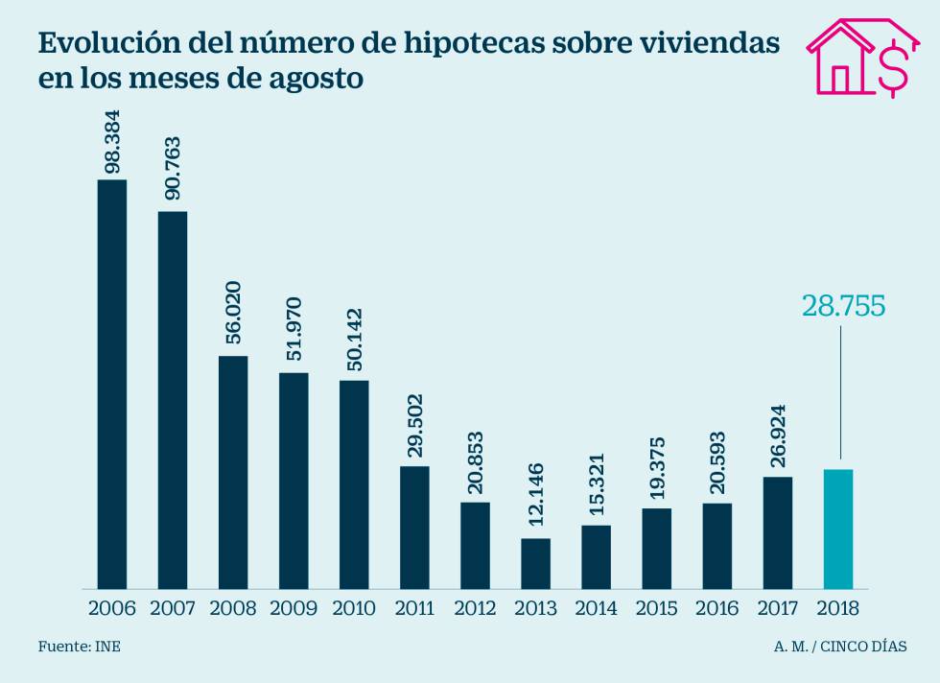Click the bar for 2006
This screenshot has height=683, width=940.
112,384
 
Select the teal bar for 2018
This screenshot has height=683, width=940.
837,529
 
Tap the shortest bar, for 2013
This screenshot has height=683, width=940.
536,563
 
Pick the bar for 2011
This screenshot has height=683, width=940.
414,527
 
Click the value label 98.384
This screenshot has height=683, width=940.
113,142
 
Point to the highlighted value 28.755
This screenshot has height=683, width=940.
841,305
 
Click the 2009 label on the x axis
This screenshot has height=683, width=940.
294,608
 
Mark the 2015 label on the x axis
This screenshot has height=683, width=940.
656,608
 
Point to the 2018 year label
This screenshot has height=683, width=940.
837,608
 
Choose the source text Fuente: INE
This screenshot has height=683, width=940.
80,647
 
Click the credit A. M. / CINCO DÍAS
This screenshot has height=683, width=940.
840,647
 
